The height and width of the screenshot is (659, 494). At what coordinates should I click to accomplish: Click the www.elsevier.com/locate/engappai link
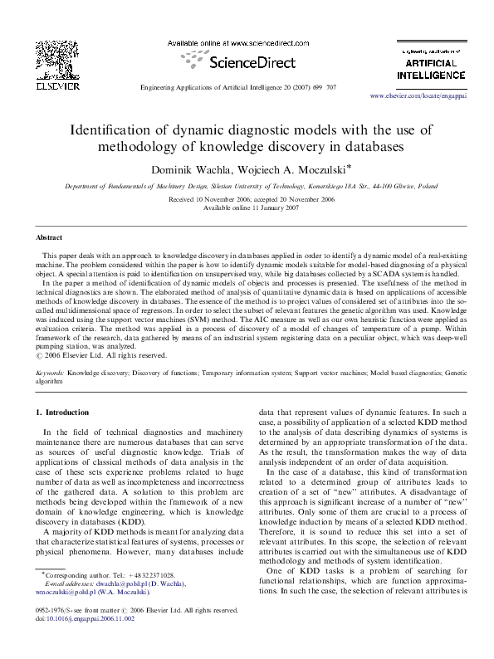[x=431, y=96]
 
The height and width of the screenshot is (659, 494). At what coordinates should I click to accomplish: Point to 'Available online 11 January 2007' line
[x=247, y=207]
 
